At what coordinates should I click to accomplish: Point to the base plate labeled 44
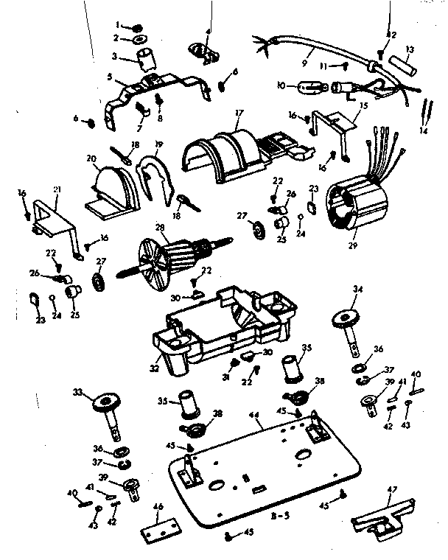[x=265, y=471]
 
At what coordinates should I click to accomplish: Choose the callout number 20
[x=91, y=158]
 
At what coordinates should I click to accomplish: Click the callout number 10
[x=279, y=85]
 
